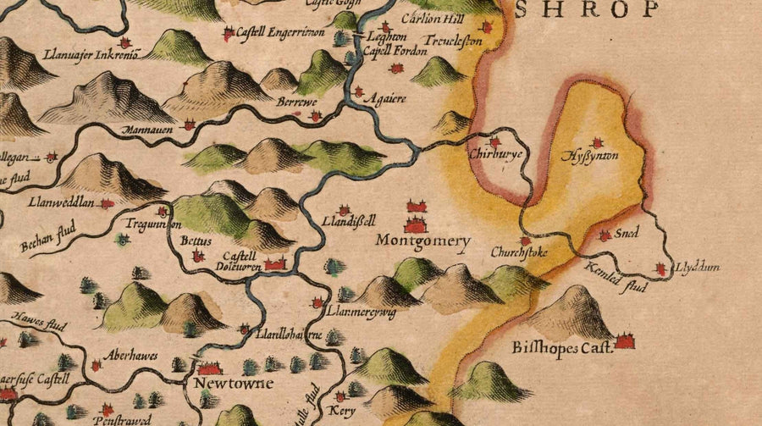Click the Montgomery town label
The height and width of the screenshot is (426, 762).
tap(422, 241)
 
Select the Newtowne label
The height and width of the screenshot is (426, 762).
tap(223, 385)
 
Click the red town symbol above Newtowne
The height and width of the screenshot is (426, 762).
tap(209, 368)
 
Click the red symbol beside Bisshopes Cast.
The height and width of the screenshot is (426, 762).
tap(626, 341)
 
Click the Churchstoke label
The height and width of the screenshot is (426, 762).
tap(519, 252)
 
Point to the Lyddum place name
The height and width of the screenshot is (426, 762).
tap(697, 268)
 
